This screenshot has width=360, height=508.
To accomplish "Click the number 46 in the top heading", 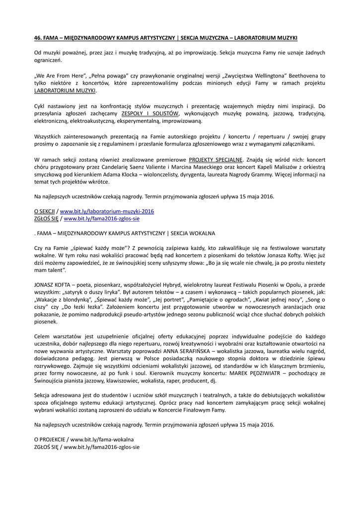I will pyautogui.click(x=37, y=38).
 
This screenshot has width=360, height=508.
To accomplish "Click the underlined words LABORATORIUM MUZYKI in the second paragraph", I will pyautogui.click(x=65, y=91).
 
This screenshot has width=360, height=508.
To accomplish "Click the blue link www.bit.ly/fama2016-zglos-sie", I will pyautogui.click(x=102, y=218).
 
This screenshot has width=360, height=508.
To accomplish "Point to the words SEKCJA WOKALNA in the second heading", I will pyautogui.click(x=193, y=233).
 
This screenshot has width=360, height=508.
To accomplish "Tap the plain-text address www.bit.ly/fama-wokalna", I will pyautogui.click(x=102, y=439).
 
